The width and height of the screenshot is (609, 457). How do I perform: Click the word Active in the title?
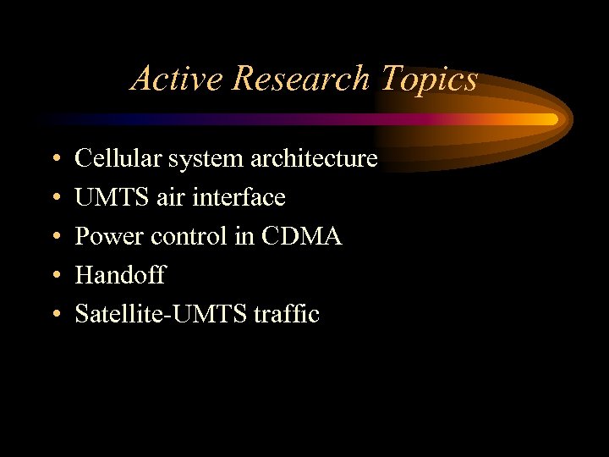coord(177,79)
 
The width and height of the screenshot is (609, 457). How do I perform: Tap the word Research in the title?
coord(299,79)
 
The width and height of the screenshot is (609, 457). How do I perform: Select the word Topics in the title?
coord(429,79)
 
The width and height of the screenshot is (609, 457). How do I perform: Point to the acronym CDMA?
coord(301,236)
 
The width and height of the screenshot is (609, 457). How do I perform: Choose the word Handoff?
coord(120,275)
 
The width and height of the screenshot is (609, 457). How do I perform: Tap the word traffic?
coord(288,314)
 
